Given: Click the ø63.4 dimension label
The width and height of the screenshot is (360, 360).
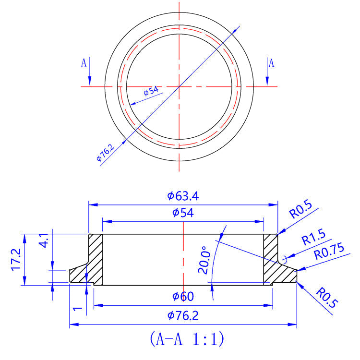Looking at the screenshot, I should pos(183,196).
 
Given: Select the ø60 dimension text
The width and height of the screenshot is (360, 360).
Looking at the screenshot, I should pos(183,297).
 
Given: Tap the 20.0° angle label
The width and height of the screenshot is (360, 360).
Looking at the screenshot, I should pos(204,260).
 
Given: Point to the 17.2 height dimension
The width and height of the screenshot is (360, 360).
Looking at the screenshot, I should pos(16,260).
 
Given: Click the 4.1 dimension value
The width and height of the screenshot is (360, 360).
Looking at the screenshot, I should pos(44,240).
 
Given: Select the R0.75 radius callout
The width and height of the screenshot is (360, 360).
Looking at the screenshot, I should pos(330,252).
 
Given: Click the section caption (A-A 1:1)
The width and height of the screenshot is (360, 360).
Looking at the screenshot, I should pos(187,339).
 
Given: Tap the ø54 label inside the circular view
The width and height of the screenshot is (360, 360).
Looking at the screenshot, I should pos(151,91).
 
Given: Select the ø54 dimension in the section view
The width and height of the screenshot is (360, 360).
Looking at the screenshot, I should pos(183,213).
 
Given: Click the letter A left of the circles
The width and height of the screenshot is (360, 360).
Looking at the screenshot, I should pos(84,63).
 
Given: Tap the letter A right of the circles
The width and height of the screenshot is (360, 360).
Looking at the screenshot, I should pos(271,63).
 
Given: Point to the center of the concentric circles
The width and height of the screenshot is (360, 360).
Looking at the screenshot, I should pos(179,86).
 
